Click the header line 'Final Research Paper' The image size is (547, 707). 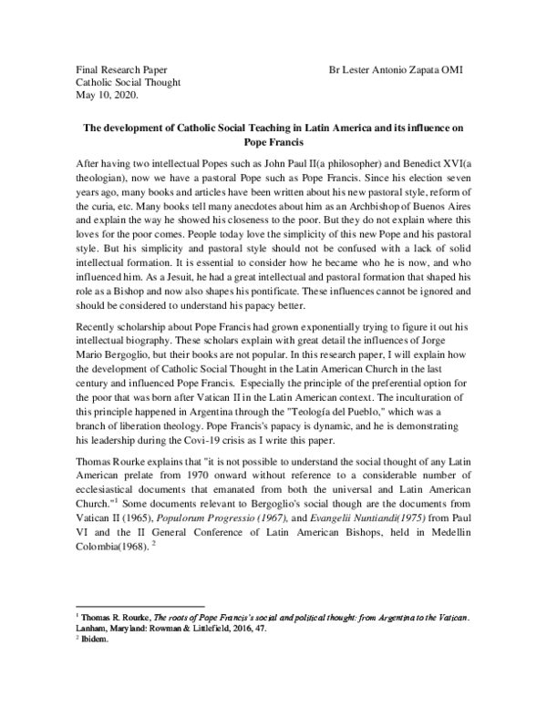(120, 69)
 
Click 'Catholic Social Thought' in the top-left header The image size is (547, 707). (128, 82)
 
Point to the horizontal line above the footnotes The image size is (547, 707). (139, 606)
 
